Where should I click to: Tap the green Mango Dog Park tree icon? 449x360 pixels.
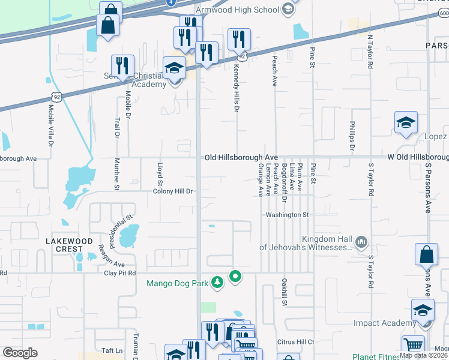(x=218, y=281)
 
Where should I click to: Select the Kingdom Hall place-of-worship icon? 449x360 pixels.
(x=361, y=242)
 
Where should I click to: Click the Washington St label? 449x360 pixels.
(x=288, y=214)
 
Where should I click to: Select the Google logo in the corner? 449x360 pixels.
(x=20, y=352)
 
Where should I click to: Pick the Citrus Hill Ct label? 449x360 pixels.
(x=295, y=342)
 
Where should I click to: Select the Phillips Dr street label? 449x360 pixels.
(x=352, y=136)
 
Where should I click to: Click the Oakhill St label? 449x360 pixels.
(x=283, y=292)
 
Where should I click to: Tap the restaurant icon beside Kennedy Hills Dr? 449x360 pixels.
(x=240, y=40)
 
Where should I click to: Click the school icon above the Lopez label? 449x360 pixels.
(x=406, y=122)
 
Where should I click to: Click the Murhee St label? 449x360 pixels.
(x=116, y=174)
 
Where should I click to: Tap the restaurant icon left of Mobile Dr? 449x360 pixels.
(x=122, y=65)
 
